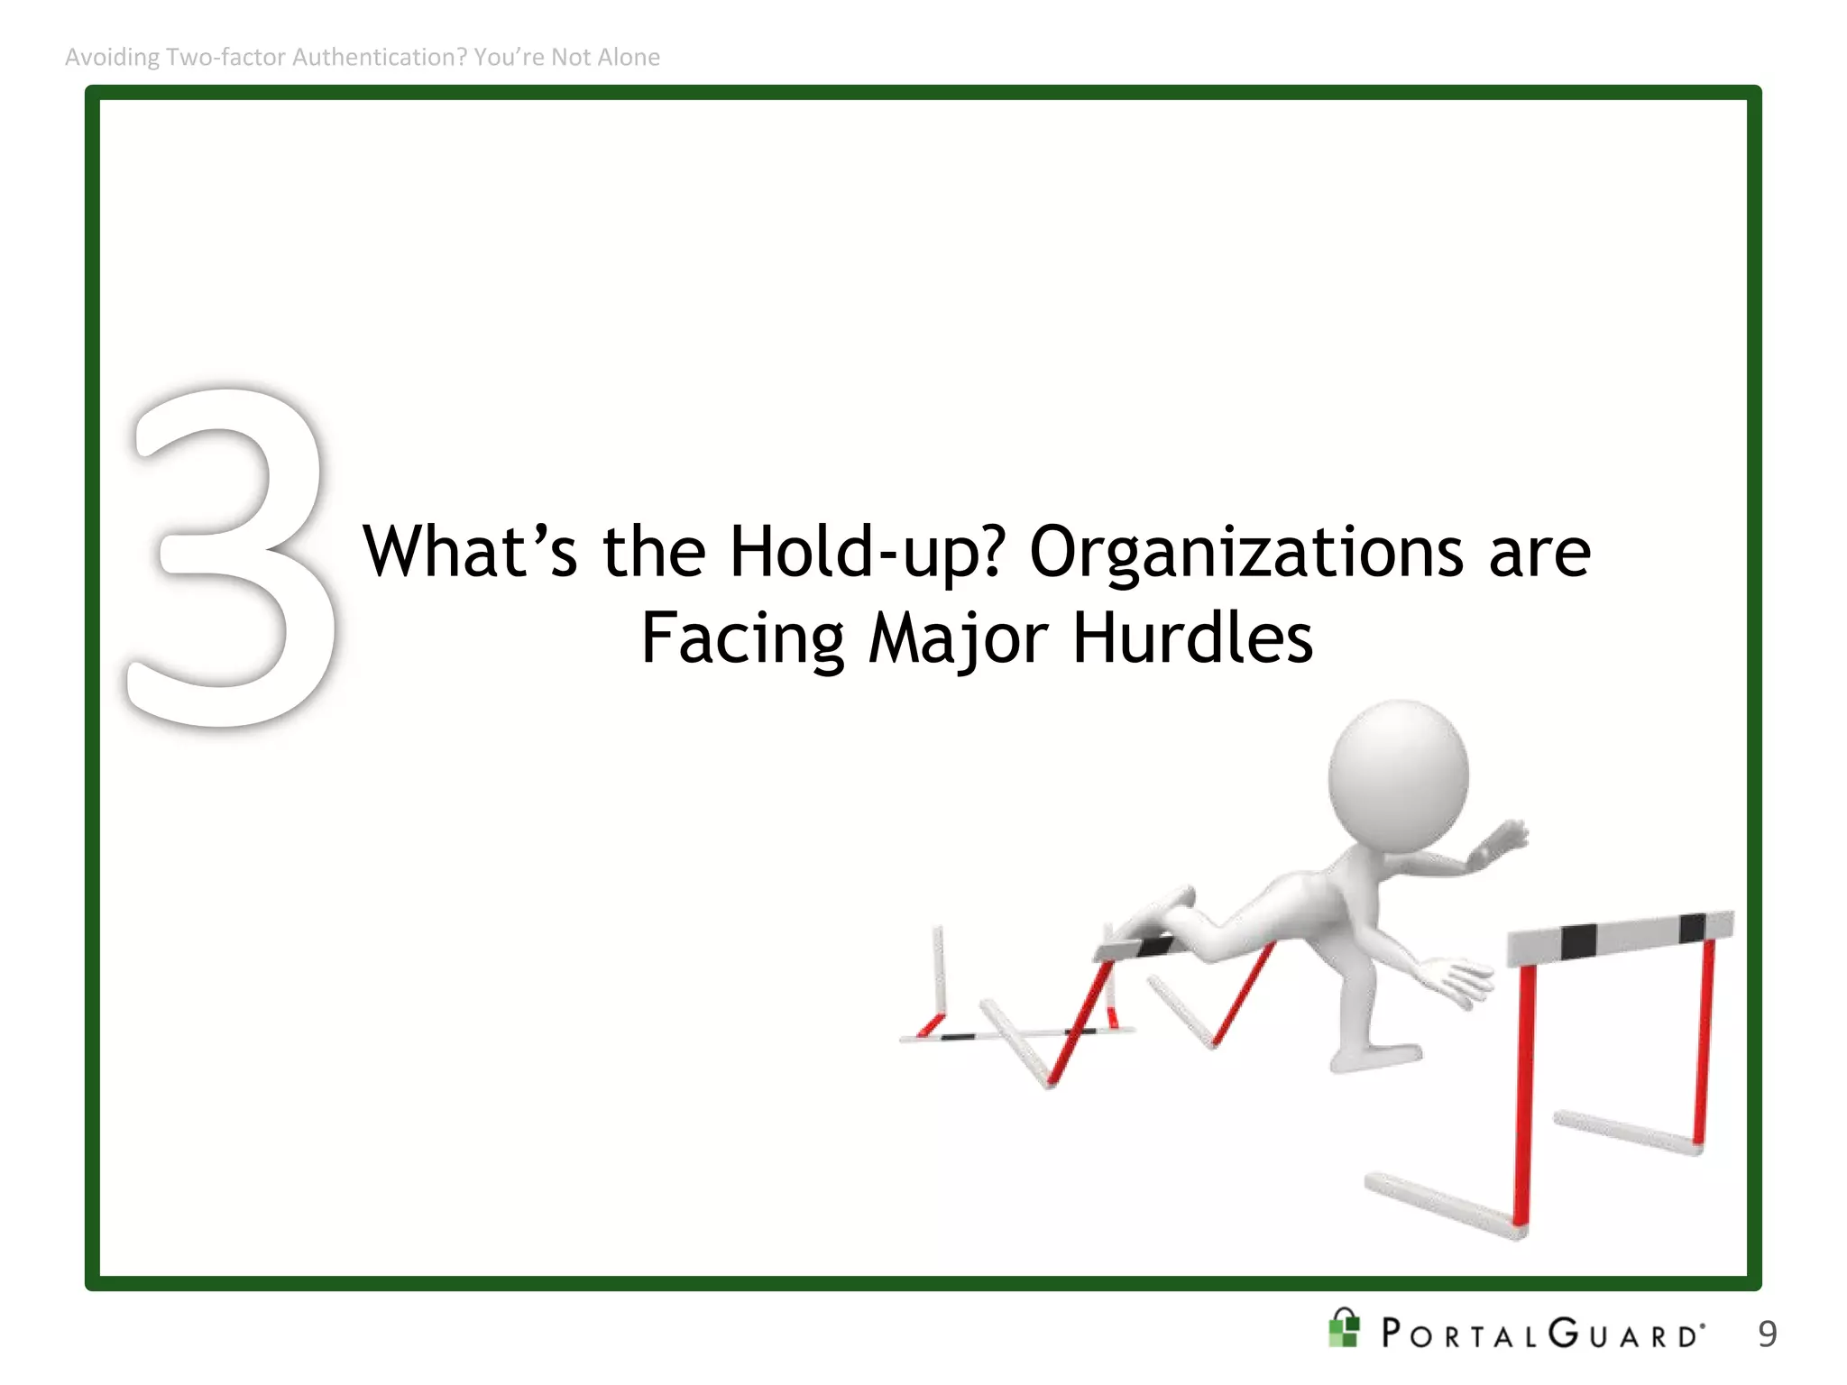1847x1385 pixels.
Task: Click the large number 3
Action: point(230,559)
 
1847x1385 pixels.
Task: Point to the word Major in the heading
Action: point(958,637)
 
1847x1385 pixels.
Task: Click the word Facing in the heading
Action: point(742,637)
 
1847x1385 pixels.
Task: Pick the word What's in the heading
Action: point(469,552)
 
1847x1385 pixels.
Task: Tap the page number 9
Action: point(1767,1334)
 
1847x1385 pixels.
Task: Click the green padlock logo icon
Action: point(1344,1328)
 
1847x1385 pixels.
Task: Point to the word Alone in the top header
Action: point(631,57)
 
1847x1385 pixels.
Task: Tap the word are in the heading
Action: point(1539,552)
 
